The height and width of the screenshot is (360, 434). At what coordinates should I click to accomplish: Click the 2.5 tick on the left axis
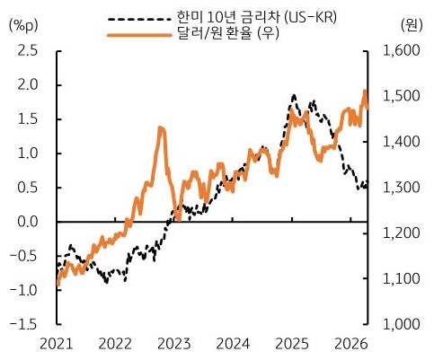click(x=27, y=50)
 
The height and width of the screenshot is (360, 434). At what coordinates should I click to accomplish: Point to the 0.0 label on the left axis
click(x=27, y=222)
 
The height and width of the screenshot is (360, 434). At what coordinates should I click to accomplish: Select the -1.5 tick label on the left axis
click(x=24, y=324)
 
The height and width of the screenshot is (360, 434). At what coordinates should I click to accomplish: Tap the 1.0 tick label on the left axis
click(x=27, y=154)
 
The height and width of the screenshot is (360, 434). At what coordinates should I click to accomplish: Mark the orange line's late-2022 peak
click(x=161, y=128)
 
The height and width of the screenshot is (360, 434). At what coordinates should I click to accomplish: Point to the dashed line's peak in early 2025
click(x=294, y=95)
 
